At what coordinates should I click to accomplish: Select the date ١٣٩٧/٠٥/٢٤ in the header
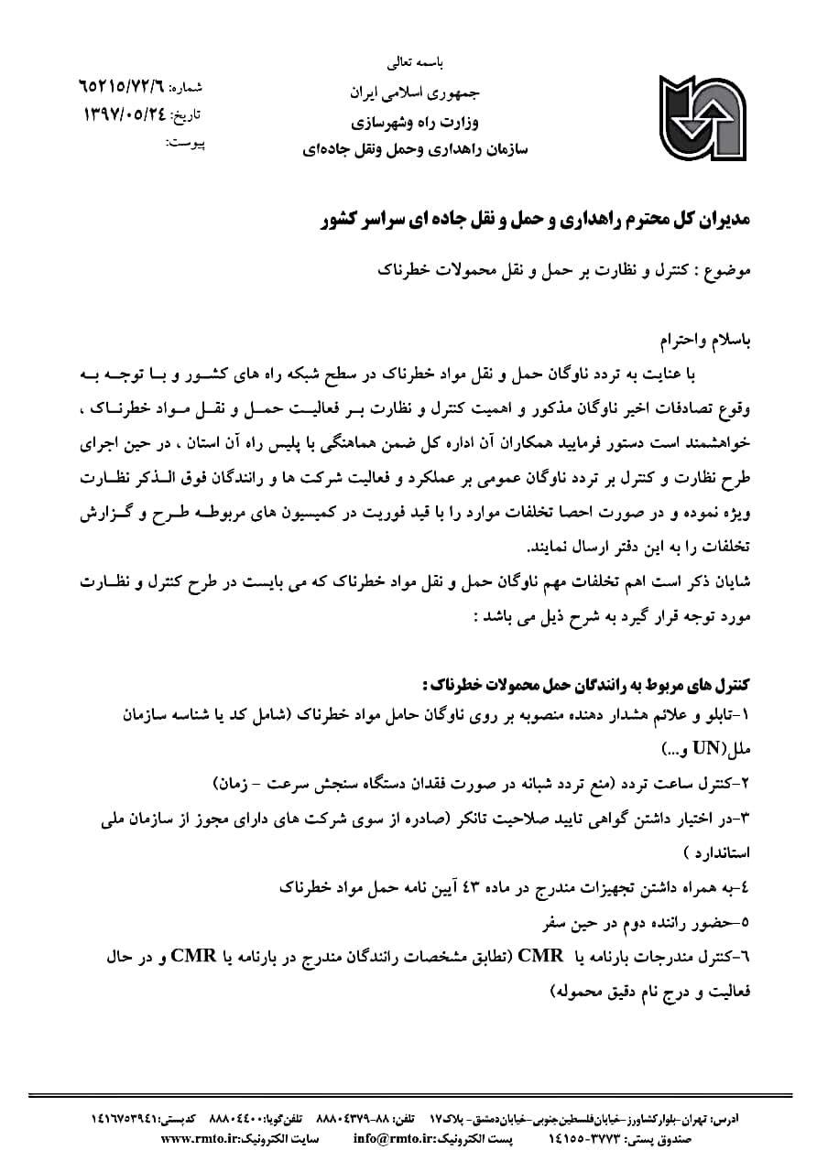(x=129, y=114)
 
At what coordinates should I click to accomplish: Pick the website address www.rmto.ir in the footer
(x=202, y=1139)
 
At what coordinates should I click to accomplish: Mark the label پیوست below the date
(x=187, y=143)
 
